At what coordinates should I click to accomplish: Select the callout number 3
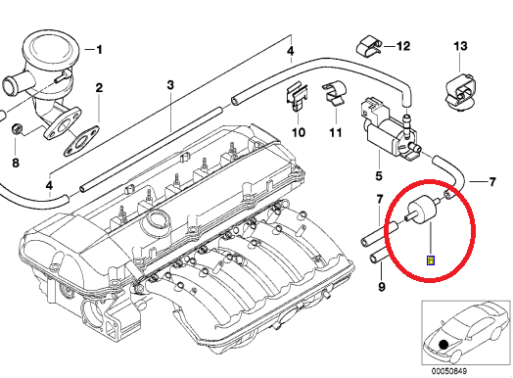pos(169,85)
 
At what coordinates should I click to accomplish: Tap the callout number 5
pos(377,176)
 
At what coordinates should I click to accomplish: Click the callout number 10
pos(300,131)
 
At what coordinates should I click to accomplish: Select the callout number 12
pos(402,45)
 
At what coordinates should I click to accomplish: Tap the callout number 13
pos(463,45)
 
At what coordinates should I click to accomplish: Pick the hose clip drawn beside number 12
pos(368,45)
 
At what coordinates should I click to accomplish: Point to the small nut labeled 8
pos(18,129)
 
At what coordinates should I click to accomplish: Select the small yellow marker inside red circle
pos(429,260)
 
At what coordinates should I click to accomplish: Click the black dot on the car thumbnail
pos(445,344)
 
